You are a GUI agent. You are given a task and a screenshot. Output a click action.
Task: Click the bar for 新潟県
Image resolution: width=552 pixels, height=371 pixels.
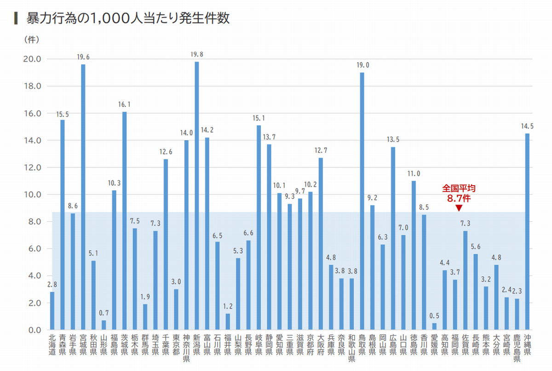point(197,195)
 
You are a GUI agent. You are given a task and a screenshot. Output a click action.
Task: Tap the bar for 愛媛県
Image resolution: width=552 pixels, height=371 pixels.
point(434,326)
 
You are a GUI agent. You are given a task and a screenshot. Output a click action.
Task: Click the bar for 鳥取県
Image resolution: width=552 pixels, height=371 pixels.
point(362,201)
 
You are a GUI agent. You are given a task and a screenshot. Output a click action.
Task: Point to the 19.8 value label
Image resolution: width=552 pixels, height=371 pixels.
point(197,55)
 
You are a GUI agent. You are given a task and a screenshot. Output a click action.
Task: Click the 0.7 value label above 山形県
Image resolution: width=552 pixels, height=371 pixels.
point(103,313)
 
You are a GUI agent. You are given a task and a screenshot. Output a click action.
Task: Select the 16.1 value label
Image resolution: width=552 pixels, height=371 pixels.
point(124,105)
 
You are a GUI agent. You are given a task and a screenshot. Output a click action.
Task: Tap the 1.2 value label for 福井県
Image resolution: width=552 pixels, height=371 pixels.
point(228,306)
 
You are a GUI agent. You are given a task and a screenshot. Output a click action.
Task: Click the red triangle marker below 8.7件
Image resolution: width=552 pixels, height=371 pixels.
point(458,208)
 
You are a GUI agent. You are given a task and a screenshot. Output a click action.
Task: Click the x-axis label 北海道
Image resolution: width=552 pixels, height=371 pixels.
point(52,345)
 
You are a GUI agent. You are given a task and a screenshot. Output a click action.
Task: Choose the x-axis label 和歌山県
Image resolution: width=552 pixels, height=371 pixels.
point(352,348)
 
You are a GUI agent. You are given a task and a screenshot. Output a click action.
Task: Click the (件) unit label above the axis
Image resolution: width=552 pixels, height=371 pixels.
point(32,40)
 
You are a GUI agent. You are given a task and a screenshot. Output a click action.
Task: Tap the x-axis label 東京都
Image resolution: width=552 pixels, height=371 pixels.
point(176,345)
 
